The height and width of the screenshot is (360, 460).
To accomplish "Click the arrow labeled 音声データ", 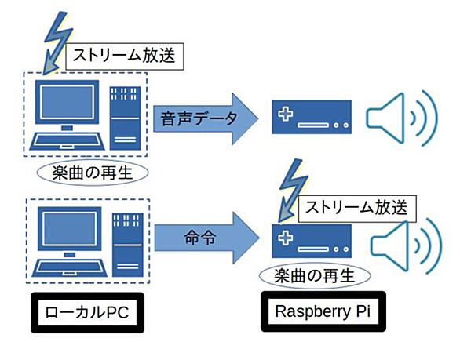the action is (x=206, y=118).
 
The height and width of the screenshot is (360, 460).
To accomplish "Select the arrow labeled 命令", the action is (x=206, y=238).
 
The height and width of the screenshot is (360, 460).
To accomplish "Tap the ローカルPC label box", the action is (x=87, y=312).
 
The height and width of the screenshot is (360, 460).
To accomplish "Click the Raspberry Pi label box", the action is (x=323, y=311).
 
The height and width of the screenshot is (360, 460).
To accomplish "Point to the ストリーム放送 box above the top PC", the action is (x=125, y=56).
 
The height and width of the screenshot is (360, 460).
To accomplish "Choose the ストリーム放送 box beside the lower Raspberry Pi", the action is (x=357, y=209).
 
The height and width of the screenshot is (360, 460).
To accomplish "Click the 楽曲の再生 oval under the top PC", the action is (x=93, y=173).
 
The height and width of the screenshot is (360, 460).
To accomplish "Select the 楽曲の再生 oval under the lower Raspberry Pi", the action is (x=315, y=276).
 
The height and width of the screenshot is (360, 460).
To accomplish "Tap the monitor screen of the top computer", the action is (x=67, y=102).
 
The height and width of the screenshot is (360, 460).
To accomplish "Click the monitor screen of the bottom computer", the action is (x=70, y=229).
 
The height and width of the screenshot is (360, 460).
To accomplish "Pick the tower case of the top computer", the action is (x=126, y=118).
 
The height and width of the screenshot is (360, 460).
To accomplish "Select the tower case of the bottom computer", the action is (x=128, y=245).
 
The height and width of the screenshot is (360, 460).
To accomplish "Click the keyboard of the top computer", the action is (x=68, y=141).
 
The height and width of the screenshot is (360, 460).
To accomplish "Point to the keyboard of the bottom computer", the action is (x=70, y=268).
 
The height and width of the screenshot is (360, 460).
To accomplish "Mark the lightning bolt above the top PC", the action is (x=58, y=42).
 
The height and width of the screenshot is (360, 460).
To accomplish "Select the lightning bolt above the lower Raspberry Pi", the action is (x=294, y=191).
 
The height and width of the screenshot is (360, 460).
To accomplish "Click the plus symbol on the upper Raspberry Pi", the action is (x=286, y=114).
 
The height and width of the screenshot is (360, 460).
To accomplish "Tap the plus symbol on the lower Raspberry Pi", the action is (x=286, y=238).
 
